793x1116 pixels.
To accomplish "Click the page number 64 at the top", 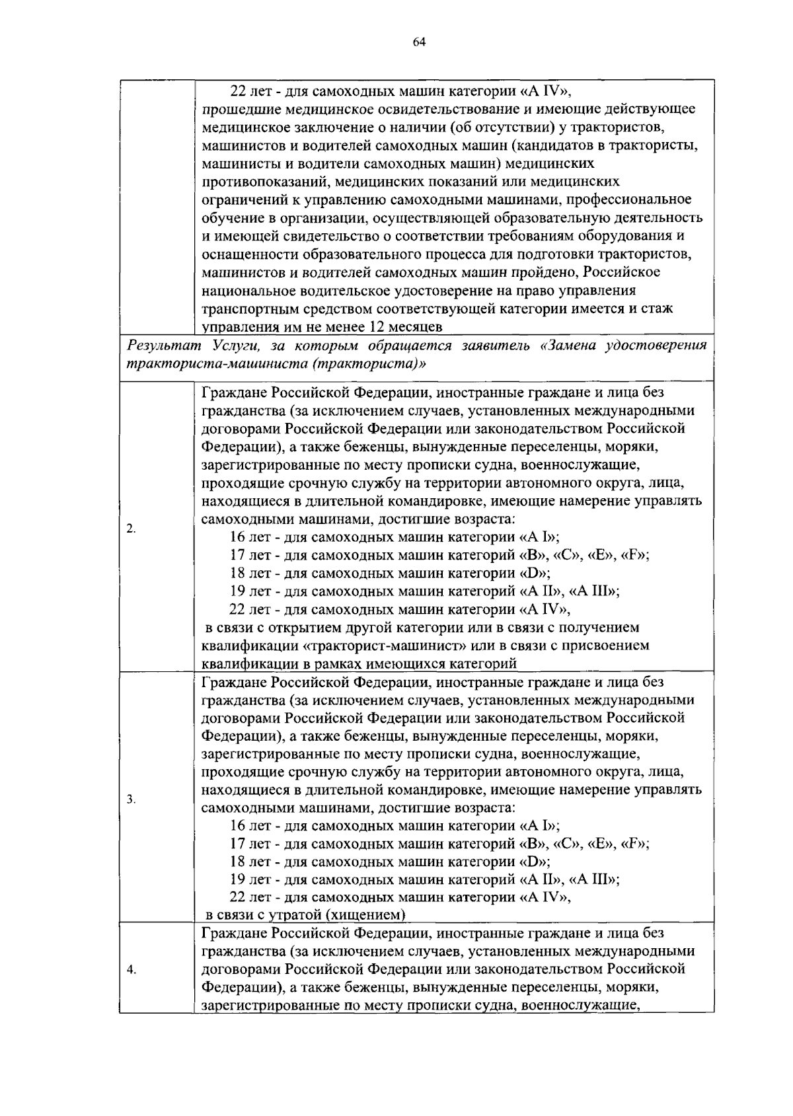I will [x=418, y=43].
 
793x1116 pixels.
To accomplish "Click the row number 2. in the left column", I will [x=131, y=528].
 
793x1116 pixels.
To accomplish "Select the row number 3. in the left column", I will [x=131, y=800].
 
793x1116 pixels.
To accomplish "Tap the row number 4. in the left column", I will [x=131, y=970].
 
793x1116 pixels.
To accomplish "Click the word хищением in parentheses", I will [x=371, y=915].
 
